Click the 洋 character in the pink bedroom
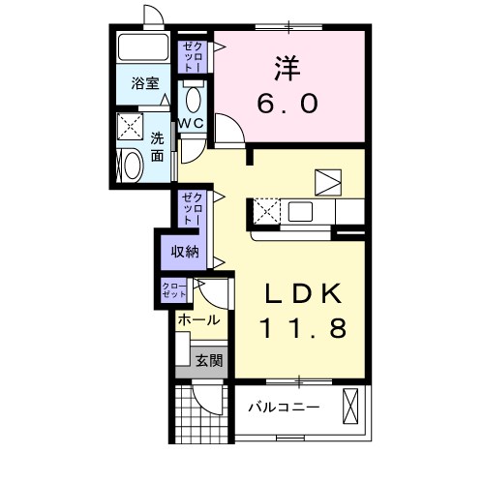point(287,69)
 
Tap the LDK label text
point(303,293)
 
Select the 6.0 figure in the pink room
point(287,103)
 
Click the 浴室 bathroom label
point(145,83)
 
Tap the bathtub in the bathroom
point(143,46)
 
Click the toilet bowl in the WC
point(194,100)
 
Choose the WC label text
point(192,123)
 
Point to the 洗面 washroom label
point(158,147)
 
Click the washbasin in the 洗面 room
point(133,166)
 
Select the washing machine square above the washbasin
point(130,126)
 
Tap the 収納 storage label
point(185,252)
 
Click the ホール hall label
point(199,320)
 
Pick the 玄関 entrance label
point(209,360)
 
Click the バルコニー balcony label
point(284,408)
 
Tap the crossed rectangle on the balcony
point(350,407)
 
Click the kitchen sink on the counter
point(300,212)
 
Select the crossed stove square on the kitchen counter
point(267,211)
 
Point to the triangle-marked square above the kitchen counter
point(328,182)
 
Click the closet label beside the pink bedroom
point(192,57)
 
